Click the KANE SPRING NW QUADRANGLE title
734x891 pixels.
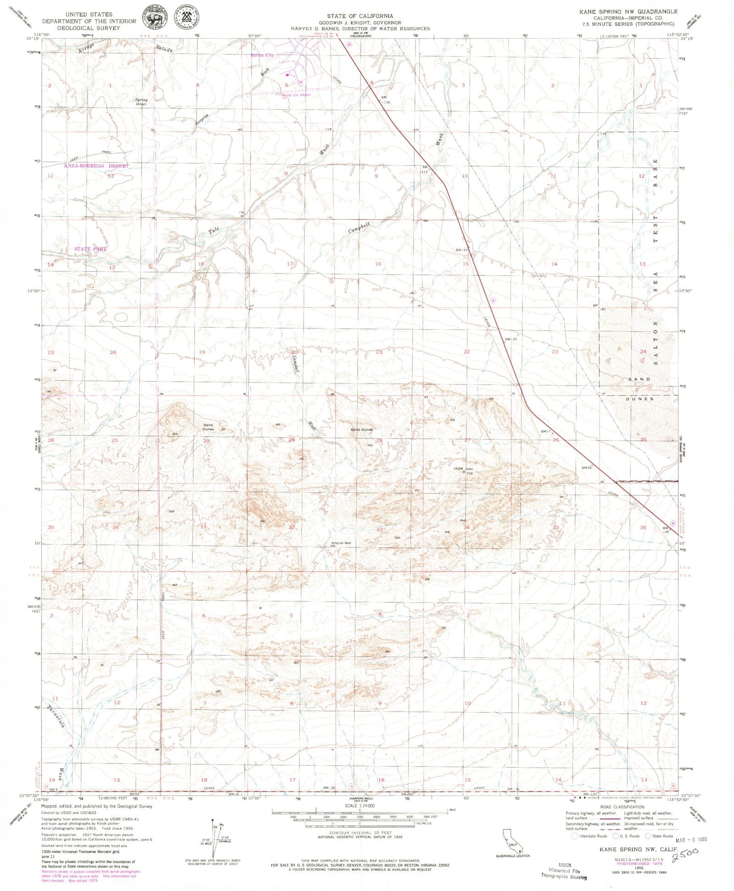[629, 11]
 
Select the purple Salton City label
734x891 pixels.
[262, 55]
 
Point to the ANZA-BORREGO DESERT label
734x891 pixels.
[96, 166]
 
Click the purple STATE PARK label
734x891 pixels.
[91, 249]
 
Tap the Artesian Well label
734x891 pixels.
[341, 543]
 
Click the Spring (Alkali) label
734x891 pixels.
[141, 101]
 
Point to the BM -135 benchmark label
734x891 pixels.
[387, 100]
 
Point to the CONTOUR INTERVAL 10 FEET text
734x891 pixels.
[360, 833]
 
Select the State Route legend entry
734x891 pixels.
[659, 836]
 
